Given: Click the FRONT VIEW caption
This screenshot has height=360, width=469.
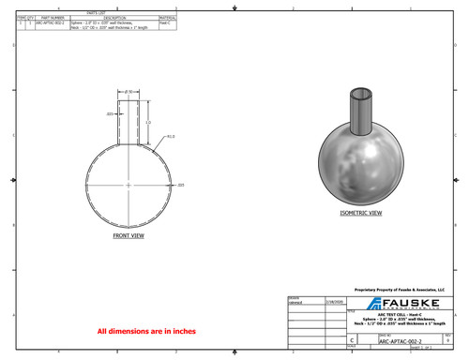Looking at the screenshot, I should tap(128, 236).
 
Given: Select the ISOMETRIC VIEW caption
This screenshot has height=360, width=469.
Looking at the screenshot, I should tap(360, 214).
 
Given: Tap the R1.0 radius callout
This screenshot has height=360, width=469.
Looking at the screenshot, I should tap(171, 136).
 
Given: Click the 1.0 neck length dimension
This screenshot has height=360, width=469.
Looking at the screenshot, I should tap(148, 123).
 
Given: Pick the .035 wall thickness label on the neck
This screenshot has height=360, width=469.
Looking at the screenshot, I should tap(110, 113).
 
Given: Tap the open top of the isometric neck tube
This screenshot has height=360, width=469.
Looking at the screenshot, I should tap(360, 94).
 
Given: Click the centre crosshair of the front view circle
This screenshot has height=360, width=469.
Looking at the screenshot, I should tap(129, 185).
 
